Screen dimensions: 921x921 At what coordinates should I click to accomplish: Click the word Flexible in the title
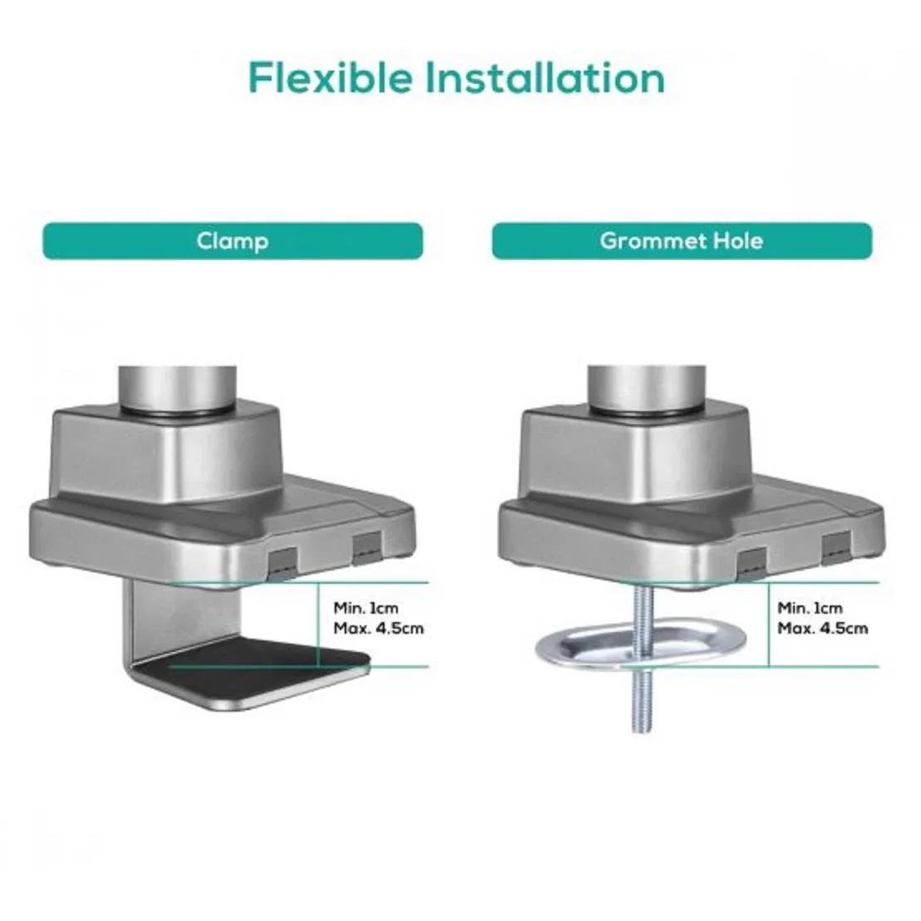point(330,77)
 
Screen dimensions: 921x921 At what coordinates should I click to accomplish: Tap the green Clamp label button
point(233,241)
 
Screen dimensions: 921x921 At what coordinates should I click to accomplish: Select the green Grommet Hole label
point(682,241)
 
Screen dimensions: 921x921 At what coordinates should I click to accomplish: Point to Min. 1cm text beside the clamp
point(366,608)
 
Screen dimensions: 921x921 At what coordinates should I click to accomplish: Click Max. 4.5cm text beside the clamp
point(378,628)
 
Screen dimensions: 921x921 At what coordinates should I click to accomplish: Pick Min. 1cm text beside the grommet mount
point(810,608)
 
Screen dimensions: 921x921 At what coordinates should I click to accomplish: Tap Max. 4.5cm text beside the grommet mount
point(822,628)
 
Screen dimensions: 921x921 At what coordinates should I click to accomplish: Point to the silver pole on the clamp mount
point(178,388)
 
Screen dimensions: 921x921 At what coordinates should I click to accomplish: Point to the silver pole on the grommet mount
point(647,388)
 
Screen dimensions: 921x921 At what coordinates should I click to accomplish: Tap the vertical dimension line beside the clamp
point(318,625)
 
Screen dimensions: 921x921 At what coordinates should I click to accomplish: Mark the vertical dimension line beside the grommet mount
point(768,625)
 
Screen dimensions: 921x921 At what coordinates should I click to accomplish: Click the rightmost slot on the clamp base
point(368,547)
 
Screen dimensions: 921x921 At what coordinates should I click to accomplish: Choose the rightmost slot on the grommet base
point(836,547)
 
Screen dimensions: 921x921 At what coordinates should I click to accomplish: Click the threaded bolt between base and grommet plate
point(642,611)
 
